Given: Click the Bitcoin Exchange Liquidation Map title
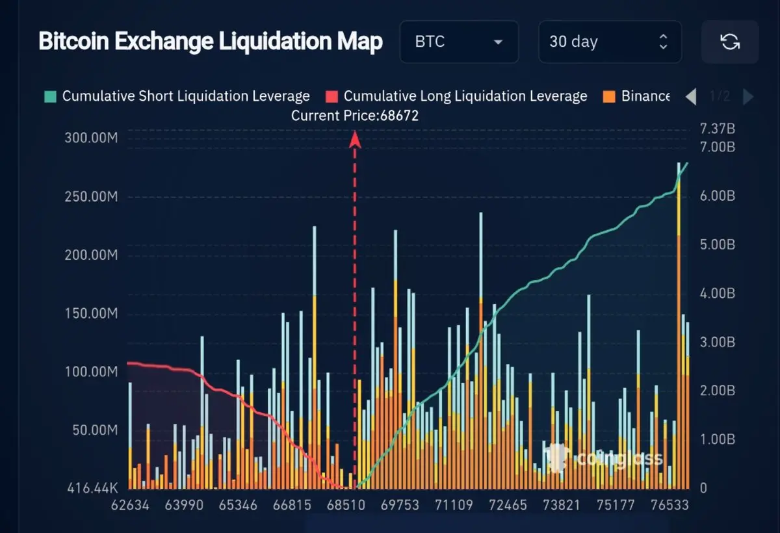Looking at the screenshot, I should [x=211, y=42].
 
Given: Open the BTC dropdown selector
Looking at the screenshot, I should [x=459, y=42].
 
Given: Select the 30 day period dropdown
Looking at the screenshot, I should [x=609, y=42].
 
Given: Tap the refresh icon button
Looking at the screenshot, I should [x=730, y=42].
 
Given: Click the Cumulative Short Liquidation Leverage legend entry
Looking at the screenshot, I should [x=178, y=96].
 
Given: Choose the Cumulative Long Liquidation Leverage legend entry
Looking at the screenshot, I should [x=457, y=96].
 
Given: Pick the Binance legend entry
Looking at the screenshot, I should [x=637, y=96].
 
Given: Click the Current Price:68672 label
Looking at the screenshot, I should [x=354, y=116].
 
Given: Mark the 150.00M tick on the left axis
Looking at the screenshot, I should [x=91, y=314].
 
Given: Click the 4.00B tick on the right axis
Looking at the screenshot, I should [x=717, y=293].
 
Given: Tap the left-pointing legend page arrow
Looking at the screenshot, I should [x=691, y=97].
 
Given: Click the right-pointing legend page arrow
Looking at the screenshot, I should [x=748, y=97].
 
